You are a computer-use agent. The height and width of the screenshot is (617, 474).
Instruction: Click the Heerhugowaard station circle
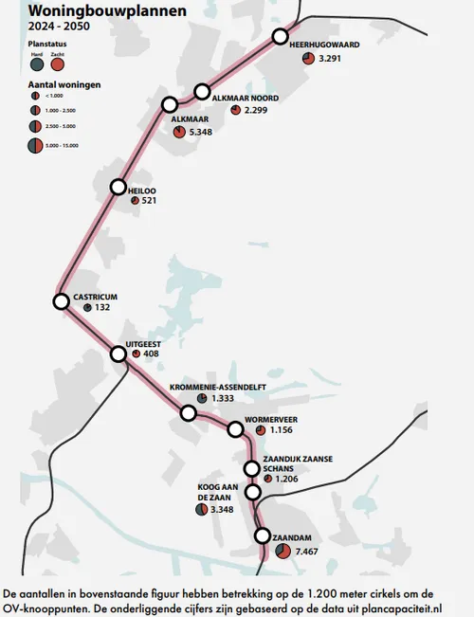pyautogui.click(x=280, y=37)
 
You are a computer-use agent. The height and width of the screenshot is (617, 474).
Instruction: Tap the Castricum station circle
pyautogui.click(x=62, y=301)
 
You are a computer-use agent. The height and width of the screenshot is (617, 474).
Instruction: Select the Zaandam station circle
pyautogui.click(x=263, y=536)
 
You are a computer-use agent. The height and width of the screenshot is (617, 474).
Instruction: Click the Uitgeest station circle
pyautogui.click(x=118, y=354)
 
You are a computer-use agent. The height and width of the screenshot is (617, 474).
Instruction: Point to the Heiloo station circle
pyautogui.click(x=118, y=187)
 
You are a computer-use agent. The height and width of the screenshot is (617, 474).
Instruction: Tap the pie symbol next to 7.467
pyautogui.click(x=283, y=551)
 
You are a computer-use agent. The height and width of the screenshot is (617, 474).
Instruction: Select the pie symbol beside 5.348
pyautogui.click(x=179, y=132)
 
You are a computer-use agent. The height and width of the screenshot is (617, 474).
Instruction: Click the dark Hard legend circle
pyautogui.click(x=37, y=65)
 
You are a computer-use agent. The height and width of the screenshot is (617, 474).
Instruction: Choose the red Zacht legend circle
pyautogui.click(x=59, y=65)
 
